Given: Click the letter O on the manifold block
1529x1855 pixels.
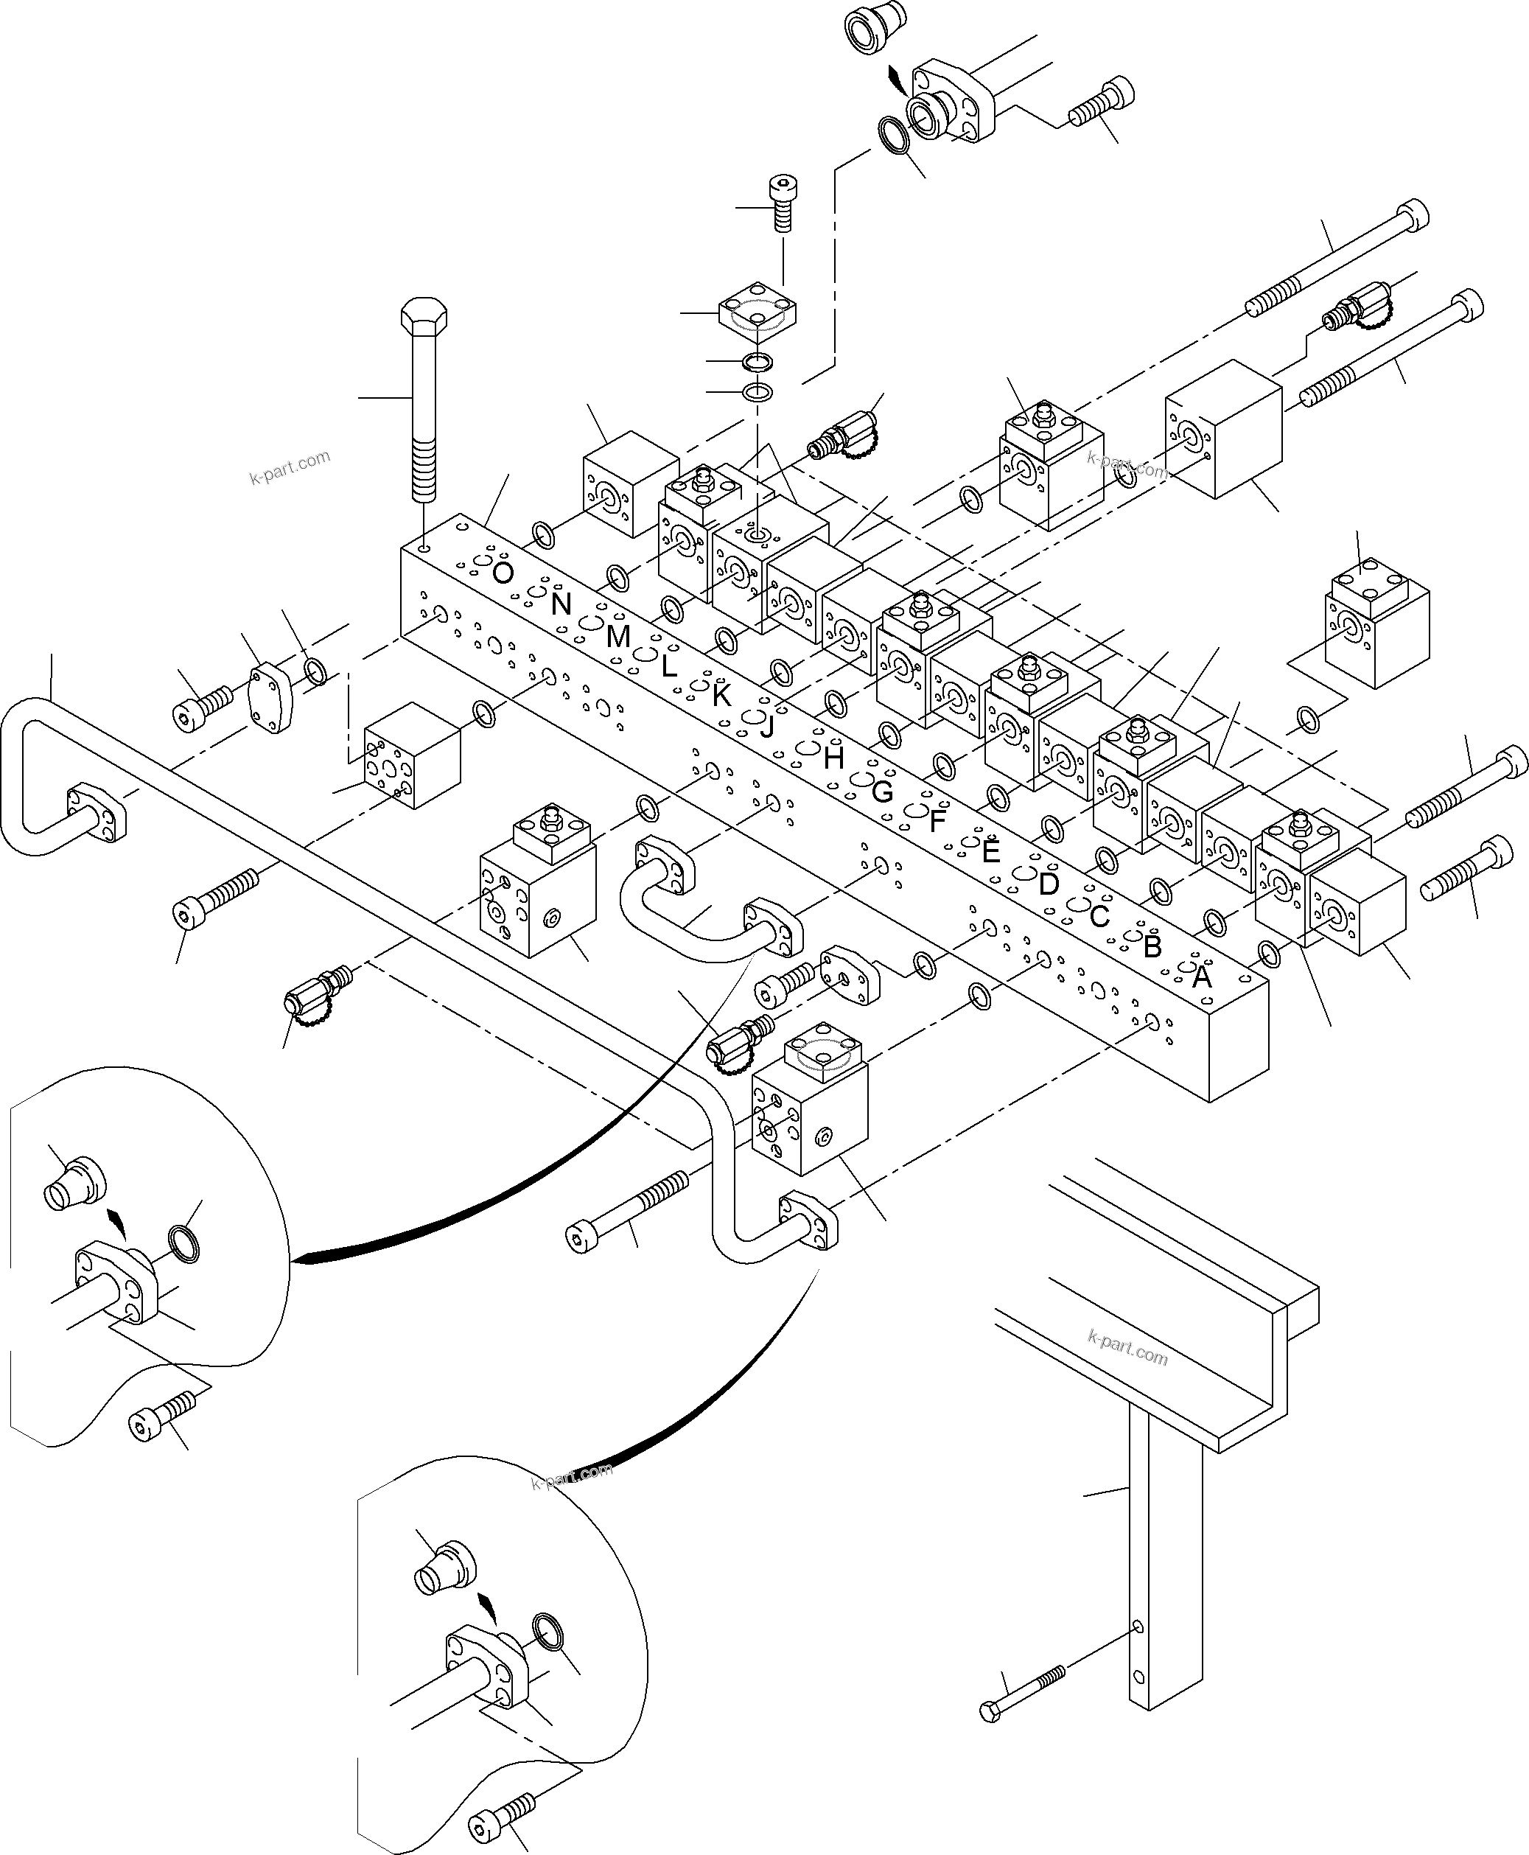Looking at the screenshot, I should (x=502, y=573).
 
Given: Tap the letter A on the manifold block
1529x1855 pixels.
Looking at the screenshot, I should (x=1201, y=977).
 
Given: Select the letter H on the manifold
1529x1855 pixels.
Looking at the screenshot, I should (x=834, y=758).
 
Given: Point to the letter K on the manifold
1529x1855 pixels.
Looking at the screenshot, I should (x=721, y=696).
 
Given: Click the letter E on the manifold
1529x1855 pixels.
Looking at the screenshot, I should (x=991, y=852).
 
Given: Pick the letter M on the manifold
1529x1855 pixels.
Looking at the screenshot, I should (x=618, y=636).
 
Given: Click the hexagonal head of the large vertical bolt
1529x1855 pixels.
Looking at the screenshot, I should (x=424, y=317).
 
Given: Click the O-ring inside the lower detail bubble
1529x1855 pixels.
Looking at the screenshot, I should (x=551, y=1633).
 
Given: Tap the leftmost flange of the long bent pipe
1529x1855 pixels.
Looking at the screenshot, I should (x=97, y=811).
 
